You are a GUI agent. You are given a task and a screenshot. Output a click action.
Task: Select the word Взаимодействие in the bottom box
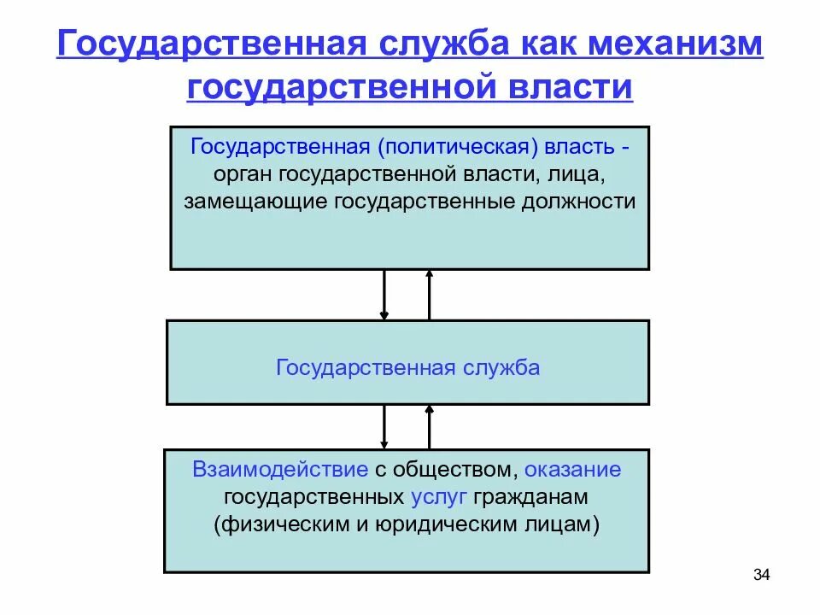click(x=280, y=469)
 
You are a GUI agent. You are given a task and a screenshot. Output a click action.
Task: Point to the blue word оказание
click(x=573, y=469)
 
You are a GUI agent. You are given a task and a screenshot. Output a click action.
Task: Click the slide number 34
click(x=762, y=575)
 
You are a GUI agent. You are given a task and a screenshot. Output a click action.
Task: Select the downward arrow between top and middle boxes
click(x=384, y=295)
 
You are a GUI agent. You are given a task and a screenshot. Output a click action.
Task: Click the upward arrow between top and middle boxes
click(x=429, y=295)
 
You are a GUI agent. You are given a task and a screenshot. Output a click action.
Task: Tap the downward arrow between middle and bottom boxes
click(x=384, y=426)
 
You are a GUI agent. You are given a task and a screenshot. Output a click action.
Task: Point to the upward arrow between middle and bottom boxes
click(x=429, y=426)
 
